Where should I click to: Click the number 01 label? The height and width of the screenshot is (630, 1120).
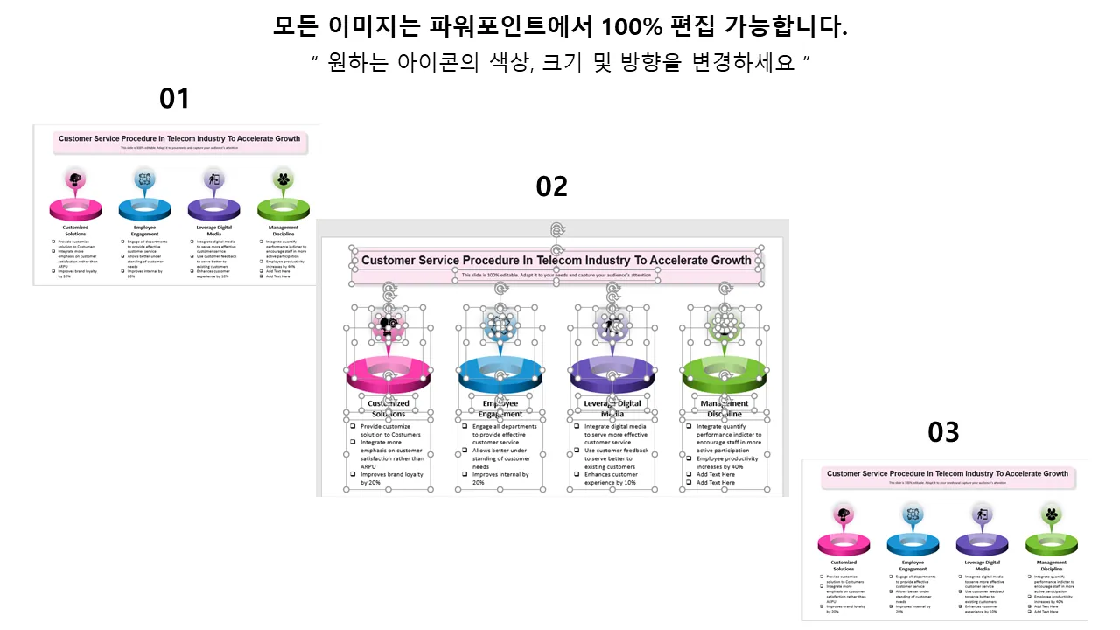click(174, 98)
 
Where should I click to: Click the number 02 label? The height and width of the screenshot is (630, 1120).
click(552, 185)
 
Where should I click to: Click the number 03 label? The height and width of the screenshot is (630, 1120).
click(943, 431)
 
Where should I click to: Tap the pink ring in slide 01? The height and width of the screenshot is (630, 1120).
click(75, 210)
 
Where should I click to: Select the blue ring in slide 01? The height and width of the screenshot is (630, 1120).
click(144, 210)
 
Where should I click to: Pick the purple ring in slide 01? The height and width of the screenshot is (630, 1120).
click(213, 210)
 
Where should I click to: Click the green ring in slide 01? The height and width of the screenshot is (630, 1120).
click(283, 210)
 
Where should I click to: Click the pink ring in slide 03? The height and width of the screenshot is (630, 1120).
click(843, 544)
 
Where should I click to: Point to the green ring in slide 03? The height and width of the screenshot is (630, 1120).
click(1051, 544)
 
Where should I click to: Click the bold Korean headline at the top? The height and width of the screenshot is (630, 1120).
click(560, 28)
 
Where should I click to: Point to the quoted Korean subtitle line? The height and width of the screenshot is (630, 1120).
click(560, 64)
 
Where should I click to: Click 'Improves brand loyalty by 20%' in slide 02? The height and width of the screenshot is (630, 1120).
click(391, 478)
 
